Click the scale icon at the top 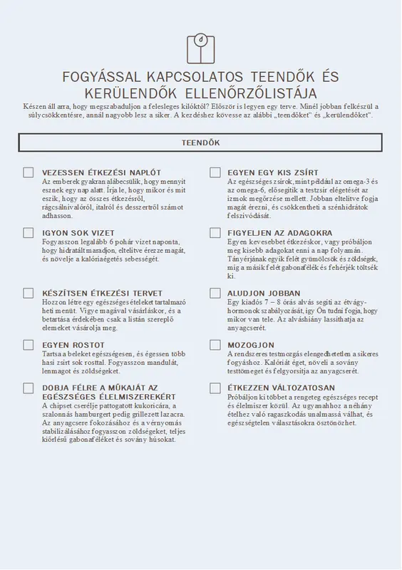click(200, 48)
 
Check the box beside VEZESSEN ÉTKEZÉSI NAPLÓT click(29, 172)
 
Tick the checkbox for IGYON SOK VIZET click(29, 233)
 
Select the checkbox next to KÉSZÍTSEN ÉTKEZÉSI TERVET click(29, 293)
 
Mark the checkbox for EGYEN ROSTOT click(29, 345)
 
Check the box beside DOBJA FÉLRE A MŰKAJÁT click(29, 388)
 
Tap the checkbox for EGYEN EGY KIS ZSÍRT click(215, 172)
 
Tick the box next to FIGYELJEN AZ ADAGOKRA click(215, 233)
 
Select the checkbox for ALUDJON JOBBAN click(215, 293)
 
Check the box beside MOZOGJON click(215, 345)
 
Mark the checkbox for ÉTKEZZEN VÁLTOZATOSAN click(215, 388)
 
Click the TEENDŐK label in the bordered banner click(200, 142)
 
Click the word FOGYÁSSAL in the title click(102, 76)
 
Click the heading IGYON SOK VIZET click(78, 233)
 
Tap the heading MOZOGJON click(251, 345)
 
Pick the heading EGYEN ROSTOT click(73, 345)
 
